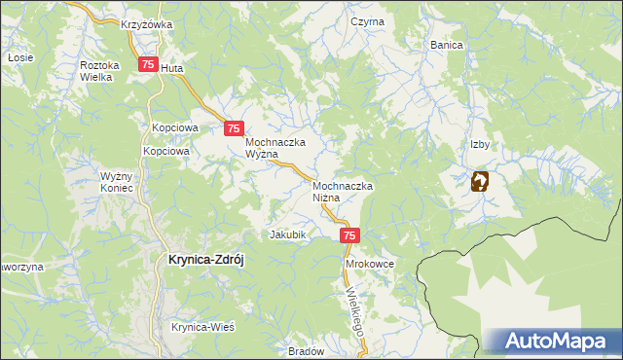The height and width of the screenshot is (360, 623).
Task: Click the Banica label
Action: click(447, 45)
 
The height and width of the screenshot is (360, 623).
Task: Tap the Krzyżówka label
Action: click(147, 23)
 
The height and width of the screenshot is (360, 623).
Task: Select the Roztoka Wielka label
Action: click(99, 71)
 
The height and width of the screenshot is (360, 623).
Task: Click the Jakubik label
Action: click(288, 234)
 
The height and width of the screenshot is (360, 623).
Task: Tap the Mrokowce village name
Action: click(369, 264)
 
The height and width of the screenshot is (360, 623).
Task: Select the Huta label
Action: click(171, 69)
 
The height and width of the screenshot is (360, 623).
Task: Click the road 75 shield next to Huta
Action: click(147, 65)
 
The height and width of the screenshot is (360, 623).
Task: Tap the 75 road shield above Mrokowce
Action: click(350, 235)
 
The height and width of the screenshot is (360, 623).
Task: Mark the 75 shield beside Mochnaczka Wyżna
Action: click(234, 127)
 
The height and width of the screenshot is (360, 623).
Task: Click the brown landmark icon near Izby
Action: click(480, 181)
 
